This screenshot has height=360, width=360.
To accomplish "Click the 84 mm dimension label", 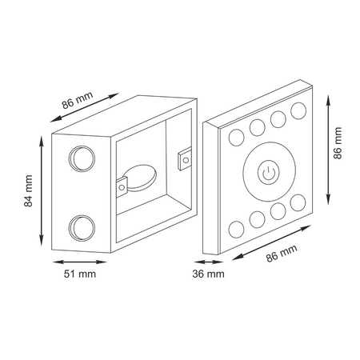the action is click(28, 191).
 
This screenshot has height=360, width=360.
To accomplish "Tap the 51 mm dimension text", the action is click(80, 274).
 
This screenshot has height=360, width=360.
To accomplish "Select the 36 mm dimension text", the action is click(208, 274).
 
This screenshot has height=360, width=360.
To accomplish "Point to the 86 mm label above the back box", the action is click(78, 101).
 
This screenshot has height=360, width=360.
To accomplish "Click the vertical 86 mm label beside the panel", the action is click(338, 143).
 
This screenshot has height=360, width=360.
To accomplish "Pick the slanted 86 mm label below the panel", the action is click(282, 254).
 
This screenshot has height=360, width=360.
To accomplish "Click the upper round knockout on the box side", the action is click(82, 158).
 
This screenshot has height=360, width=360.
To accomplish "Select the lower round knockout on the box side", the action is click(82, 228).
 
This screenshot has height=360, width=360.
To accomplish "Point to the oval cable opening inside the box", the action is click(142, 178).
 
